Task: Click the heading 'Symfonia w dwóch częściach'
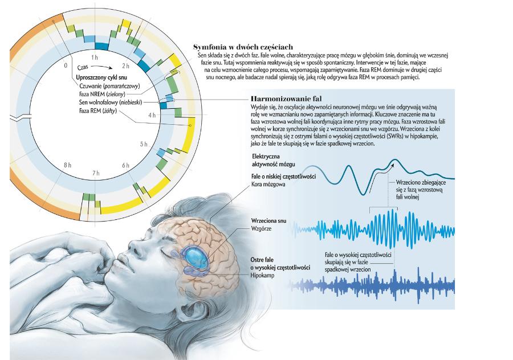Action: pyautogui.click(x=243, y=47)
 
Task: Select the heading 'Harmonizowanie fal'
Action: pyautogui.click(x=286, y=99)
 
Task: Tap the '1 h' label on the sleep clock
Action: pyautogui.click(x=95, y=58)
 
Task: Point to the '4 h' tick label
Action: pyautogui.click(x=152, y=115)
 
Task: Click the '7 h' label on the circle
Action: pyautogui.click(x=96, y=173)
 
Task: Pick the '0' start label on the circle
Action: pyautogui.click(x=66, y=66)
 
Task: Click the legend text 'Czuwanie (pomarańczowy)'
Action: pyautogui.click(x=109, y=86)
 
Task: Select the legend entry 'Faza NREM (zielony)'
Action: pyautogui.click(x=102, y=94)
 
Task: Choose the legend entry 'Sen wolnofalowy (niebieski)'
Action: pyautogui.click(x=111, y=103)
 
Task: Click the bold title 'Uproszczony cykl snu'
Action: pyautogui.click(x=101, y=77)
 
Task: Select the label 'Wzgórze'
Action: pyautogui.click(x=261, y=228)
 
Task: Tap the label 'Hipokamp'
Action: pyautogui.click(x=262, y=276)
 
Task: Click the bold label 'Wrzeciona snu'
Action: pyautogui.click(x=268, y=220)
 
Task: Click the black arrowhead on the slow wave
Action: pyautogui.click(x=393, y=163)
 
